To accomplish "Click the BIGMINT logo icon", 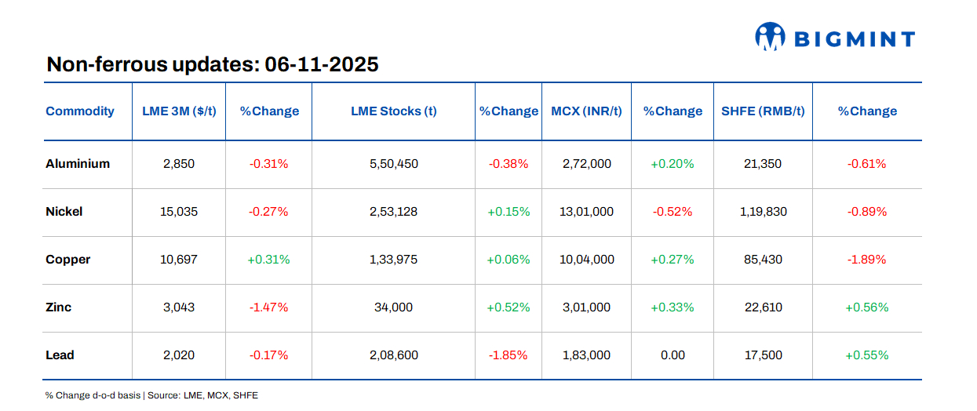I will pos(770,37).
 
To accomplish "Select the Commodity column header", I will pos(80,111).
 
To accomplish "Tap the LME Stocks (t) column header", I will pos(393,111).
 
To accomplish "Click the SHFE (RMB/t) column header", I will pos(762,111).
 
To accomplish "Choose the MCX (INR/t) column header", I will pos(586,111).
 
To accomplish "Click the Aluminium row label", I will pos(78,164).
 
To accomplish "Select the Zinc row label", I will pos(59,307).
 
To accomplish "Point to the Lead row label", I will pos(60,355).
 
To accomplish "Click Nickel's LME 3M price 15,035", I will pos(179,212).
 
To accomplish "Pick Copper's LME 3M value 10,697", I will pos(179,260).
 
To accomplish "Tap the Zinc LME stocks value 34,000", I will pos(393,307).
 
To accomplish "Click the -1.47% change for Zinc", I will pos(268,307).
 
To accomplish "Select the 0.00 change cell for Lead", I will pos(673,355).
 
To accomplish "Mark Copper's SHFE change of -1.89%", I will pos(866,260).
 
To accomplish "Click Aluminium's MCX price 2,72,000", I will pos(586,164).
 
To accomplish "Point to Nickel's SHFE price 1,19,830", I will pos(762,212).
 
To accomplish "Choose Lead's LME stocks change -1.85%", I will pos(508,355).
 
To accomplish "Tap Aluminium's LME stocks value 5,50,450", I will pos(393,164).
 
